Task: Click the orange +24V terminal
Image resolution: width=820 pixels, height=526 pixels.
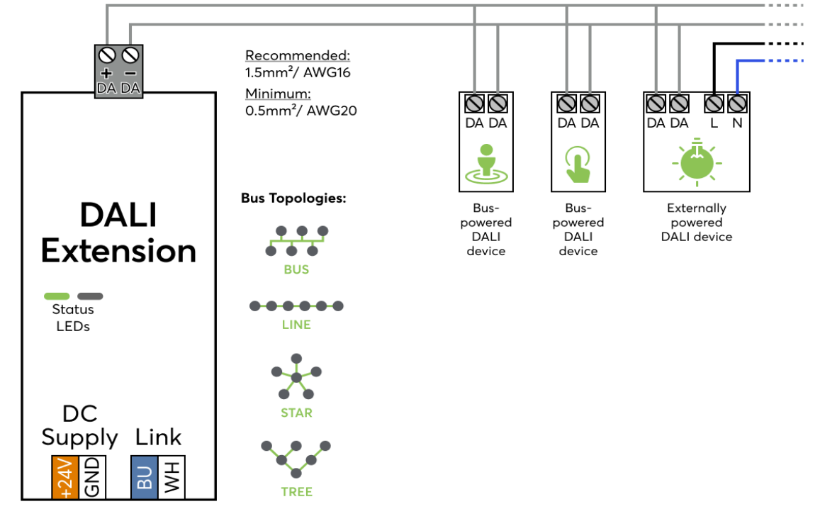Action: (x=65, y=477)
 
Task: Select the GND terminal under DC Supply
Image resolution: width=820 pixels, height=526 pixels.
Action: (x=92, y=477)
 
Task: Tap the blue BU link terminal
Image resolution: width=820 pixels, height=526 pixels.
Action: (x=145, y=477)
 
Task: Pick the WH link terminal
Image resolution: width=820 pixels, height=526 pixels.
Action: (x=172, y=477)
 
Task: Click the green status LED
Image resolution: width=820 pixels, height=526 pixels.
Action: (x=57, y=296)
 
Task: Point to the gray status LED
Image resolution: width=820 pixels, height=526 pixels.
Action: (x=90, y=296)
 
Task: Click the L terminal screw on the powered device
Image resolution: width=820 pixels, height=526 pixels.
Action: (x=714, y=104)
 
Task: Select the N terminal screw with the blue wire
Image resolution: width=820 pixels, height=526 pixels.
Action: (x=737, y=104)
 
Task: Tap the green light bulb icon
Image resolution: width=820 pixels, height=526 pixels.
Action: (x=696, y=162)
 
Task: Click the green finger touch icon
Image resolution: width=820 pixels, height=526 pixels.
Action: (x=578, y=164)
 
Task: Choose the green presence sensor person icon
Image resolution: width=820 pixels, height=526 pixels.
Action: (x=485, y=163)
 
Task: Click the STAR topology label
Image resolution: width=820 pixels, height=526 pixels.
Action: (x=296, y=413)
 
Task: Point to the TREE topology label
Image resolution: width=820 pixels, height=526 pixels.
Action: (x=296, y=491)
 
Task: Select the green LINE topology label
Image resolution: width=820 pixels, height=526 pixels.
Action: (x=296, y=325)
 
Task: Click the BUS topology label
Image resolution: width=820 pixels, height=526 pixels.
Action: (x=296, y=269)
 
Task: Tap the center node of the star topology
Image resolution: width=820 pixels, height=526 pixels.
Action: (x=296, y=377)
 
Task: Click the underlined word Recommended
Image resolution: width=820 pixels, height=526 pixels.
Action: (x=298, y=56)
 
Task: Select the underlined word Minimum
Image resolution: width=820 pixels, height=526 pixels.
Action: (x=278, y=94)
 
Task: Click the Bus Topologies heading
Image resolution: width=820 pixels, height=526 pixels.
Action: (x=293, y=198)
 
